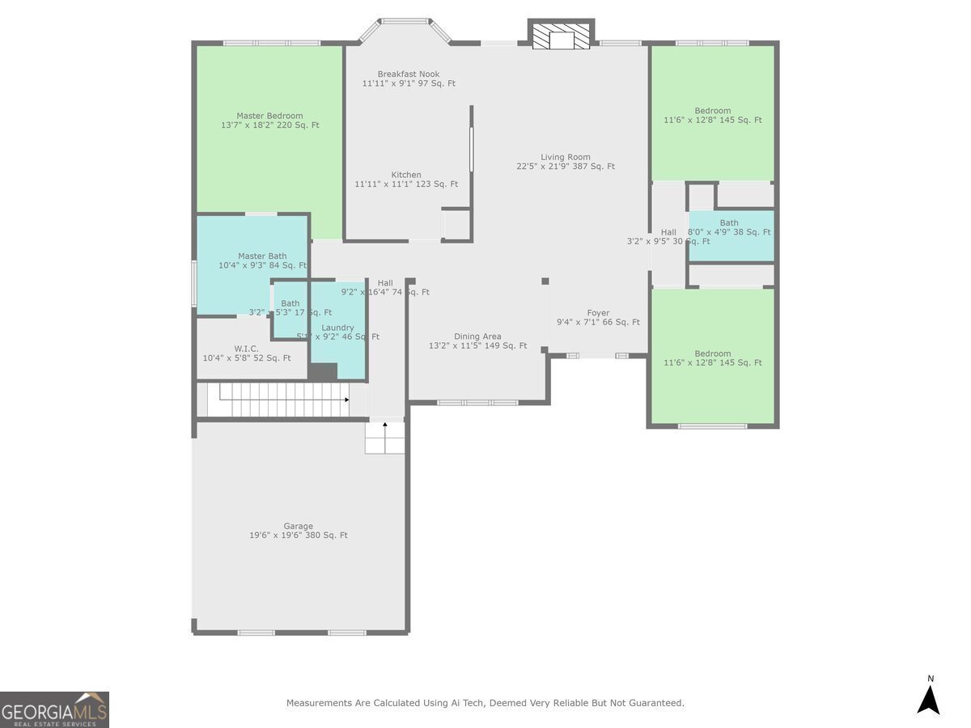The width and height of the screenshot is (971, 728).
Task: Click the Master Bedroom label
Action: (269, 121)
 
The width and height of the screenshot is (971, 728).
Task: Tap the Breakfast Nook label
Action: (409, 78)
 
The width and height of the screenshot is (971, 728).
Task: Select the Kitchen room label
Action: (406, 180)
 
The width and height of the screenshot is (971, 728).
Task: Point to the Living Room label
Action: (566, 162)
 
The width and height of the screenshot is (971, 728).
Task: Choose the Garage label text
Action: (298, 531)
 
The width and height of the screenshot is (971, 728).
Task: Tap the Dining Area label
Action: (477, 341)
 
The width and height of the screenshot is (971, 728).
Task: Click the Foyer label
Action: (598, 317)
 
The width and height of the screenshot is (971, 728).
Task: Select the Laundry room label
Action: (337, 332)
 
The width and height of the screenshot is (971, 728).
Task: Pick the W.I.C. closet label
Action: (247, 353)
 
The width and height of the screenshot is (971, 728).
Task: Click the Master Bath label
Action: (262, 260)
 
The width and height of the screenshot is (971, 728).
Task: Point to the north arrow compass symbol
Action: (928, 696)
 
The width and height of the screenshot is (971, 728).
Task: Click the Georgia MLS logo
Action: (54, 709)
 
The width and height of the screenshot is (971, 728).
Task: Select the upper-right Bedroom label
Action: (712, 116)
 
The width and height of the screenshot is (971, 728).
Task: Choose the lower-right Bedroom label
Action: (712, 358)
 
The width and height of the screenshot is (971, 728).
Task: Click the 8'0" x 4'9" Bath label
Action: (729, 227)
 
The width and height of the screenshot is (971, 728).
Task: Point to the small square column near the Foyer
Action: (545, 281)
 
